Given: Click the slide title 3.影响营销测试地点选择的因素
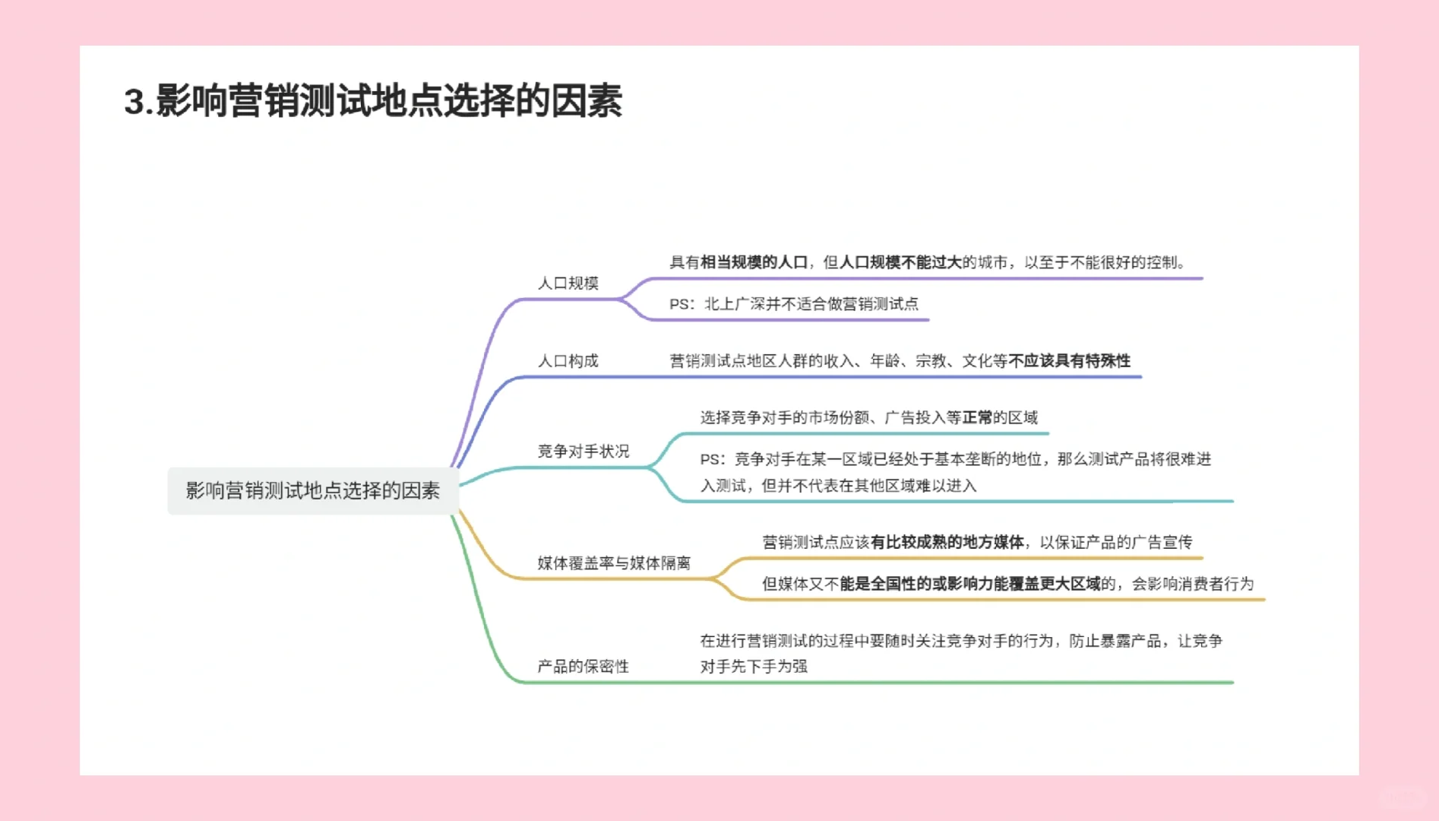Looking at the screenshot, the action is coord(373,101).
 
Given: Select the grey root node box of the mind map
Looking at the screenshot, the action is coord(312,491).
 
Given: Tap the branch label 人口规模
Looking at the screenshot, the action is coord(568,284).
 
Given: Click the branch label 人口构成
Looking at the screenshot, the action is coord(568,361).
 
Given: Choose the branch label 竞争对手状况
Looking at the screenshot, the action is coord(583,452).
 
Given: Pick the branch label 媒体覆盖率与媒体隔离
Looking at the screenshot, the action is coord(613,563).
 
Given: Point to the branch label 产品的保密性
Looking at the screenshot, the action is coord(583,667).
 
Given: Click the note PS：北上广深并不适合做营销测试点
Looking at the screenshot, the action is coord(793,304).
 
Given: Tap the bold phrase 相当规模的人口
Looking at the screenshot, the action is coord(753,262).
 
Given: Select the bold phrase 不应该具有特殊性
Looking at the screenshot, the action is coord(1069,361).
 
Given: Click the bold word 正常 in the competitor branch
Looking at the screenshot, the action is coord(977,417).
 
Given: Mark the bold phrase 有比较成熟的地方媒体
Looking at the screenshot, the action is coord(947,542).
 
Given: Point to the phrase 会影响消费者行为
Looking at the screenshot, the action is coord(1192,584).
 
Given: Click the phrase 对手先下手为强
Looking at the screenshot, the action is coord(753,667).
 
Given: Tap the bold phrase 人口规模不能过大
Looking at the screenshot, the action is coord(900,262).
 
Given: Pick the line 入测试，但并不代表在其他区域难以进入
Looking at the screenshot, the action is coord(838,486).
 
